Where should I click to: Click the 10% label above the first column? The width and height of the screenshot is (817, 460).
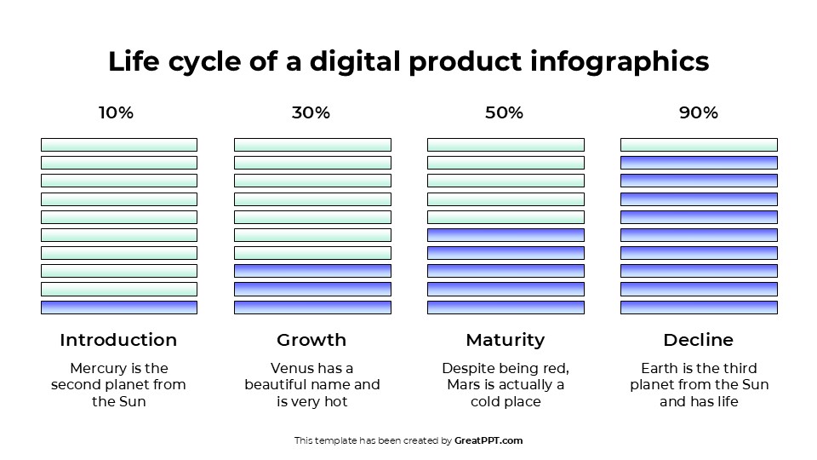116,112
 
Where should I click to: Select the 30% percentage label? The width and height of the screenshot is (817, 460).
311,112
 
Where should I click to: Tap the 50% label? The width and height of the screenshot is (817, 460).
504,112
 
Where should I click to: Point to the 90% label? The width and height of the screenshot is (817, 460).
698,112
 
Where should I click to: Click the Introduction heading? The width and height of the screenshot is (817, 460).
118,340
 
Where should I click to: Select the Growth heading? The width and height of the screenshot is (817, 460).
311,340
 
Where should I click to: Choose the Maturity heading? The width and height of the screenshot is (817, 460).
505,340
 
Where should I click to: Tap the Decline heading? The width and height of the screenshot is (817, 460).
698,340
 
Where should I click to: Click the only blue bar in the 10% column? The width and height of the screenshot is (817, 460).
119,307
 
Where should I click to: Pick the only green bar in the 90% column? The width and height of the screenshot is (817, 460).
699,145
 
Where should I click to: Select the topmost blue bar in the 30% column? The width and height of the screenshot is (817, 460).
312,271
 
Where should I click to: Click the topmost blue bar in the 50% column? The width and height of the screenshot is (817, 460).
506,234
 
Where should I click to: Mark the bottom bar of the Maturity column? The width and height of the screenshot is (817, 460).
506,307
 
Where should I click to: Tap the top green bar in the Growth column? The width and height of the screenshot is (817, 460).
312,145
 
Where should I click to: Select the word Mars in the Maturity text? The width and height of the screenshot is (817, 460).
466,385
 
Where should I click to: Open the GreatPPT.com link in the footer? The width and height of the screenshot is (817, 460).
488,440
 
